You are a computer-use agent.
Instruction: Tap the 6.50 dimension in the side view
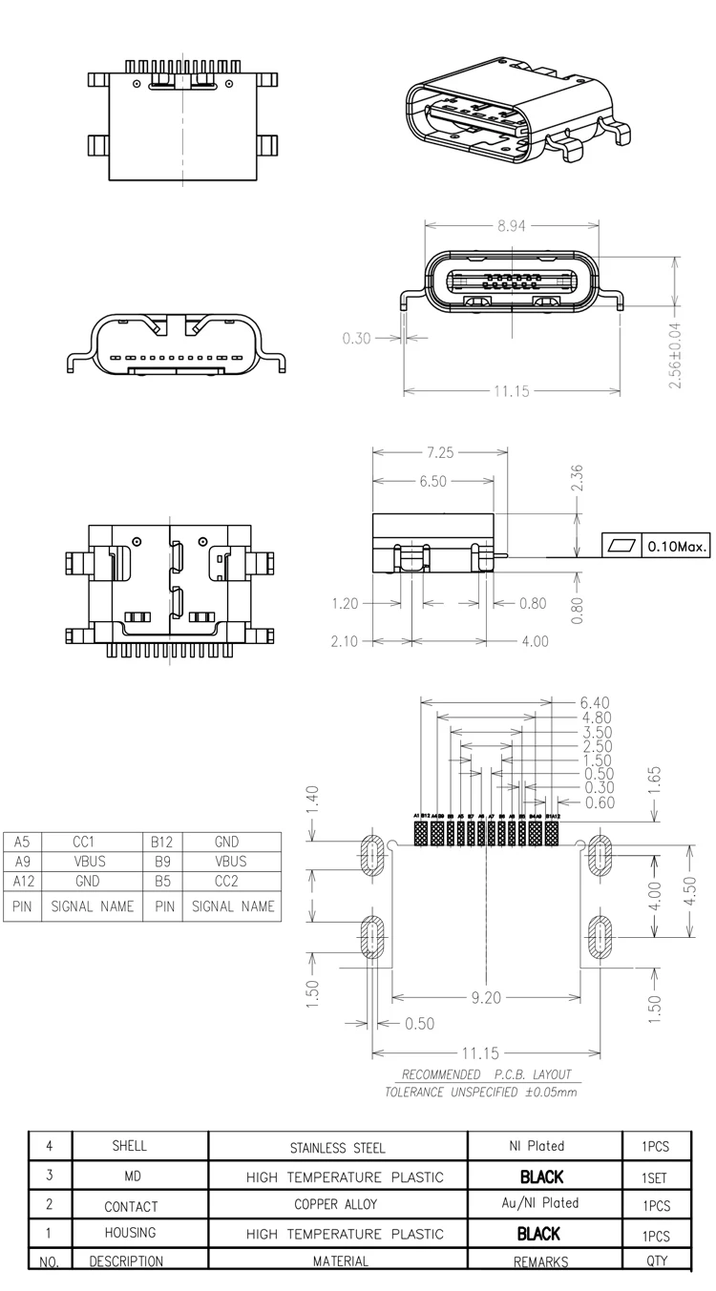pyautogui.click(x=432, y=482)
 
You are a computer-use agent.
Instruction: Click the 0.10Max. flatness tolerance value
pyautogui.click(x=677, y=547)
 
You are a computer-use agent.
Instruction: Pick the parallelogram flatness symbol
pyautogui.click(x=621, y=547)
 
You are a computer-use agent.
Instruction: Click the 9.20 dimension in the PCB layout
pyautogui.click(x=486, y=998)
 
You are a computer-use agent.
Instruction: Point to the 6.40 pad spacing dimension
pyautogui.click(x=596, y=702)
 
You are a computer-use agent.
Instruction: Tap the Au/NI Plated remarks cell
pyautogui.click(x=540, y=1203)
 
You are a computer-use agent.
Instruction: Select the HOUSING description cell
pyautogui.click(x=130, y=1233)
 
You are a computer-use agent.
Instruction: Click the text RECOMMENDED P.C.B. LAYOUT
pyautogui.click(x=486, y=1073)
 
